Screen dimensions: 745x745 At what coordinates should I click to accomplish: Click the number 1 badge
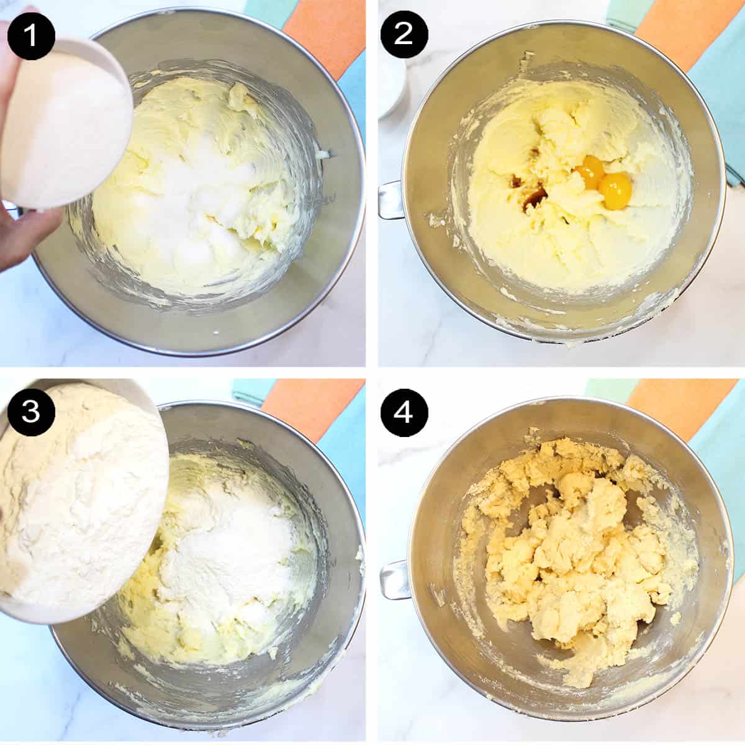[31, 35]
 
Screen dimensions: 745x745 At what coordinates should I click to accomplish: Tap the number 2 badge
[404, 34]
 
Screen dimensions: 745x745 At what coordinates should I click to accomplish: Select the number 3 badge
[31, 412]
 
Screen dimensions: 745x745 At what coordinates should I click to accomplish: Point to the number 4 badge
[404, 412]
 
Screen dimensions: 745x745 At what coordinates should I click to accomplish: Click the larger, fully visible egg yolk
[615, 191]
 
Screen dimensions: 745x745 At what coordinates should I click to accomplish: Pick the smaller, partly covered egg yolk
[589, 176]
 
